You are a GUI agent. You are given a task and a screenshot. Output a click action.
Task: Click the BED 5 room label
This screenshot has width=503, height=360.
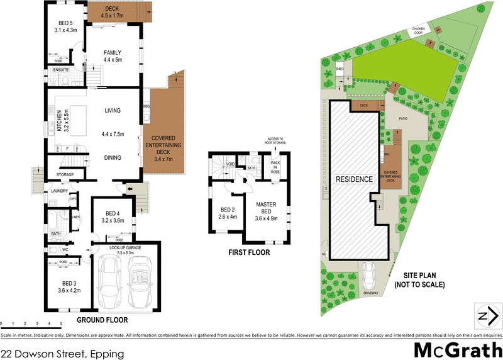pyautogui.click(x=65, y=26)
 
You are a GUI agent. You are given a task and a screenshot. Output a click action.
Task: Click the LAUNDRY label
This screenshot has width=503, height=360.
pyautogui.click(x=60, y=191)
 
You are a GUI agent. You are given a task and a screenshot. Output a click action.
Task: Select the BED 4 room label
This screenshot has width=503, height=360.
pyautogui.click(x=113, y=217)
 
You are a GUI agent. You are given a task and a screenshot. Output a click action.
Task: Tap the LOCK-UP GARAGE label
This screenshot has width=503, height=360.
pyautogui.click(x=126, y=250)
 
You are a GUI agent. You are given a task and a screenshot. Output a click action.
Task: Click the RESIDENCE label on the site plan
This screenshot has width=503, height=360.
pyautogui.click(x=355, y=179)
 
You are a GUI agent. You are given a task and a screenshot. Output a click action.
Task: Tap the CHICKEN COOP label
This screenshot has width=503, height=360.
pyautogui.click(x=419, y=30)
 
